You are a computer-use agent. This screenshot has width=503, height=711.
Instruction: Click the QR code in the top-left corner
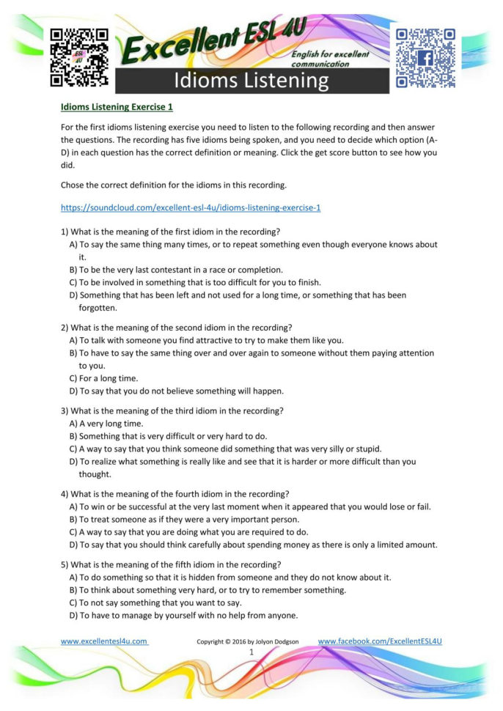tap(79, 57)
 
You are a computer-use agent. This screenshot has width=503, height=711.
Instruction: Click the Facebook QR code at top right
tap(425, 57)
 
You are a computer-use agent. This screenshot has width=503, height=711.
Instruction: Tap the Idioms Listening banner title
tap(251, 81)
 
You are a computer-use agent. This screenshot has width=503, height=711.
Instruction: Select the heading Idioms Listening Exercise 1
tap(117, 107)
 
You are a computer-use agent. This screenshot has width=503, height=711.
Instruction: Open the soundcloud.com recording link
tap(191, 207)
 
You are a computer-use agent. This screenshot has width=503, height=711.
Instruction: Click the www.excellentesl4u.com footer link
tap(104, 641)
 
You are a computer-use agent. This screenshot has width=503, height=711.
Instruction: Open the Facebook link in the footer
tap(380, 641)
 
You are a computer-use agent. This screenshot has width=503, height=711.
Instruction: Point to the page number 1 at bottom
tap(251, 652)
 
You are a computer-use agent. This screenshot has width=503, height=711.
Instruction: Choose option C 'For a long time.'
tap(103, 378)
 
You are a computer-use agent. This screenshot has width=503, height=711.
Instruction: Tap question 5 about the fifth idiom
tap(171, 564)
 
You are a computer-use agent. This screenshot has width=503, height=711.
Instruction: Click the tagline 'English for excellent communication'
tap(330, 59)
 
